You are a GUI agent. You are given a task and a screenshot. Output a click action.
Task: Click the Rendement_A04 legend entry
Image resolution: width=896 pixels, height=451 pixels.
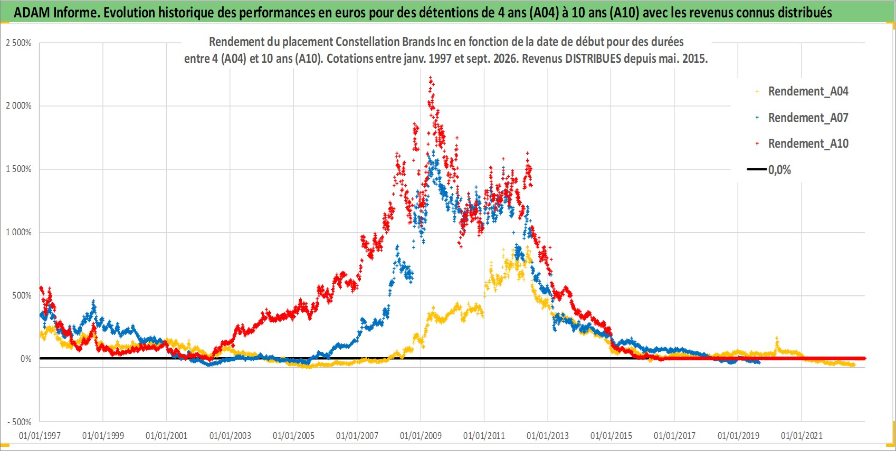[802, 92]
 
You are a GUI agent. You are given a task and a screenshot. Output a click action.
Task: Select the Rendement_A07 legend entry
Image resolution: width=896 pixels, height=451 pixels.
[802, 118]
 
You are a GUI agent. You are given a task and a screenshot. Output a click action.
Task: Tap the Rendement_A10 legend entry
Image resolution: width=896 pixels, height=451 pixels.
[802, 143]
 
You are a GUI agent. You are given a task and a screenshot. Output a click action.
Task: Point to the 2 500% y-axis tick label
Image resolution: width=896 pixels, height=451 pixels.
[18, 43]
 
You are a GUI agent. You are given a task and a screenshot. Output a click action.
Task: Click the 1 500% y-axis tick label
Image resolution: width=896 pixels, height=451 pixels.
[18, 169]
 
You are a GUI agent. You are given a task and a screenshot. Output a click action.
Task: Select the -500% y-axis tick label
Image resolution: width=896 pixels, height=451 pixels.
[20, 422]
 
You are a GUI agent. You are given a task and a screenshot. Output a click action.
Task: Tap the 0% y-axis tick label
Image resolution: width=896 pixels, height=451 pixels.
[26, 359]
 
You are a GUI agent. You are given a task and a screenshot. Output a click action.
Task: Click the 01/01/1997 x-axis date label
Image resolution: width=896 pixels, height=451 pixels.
[40, 435]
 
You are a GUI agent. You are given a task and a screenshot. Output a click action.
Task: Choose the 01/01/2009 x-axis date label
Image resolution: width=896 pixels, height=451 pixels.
[421, 435]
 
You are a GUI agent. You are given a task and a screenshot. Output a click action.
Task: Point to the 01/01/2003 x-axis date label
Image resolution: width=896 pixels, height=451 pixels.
[230, 435]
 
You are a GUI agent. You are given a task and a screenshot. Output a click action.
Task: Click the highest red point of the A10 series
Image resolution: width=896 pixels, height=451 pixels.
[431, 77]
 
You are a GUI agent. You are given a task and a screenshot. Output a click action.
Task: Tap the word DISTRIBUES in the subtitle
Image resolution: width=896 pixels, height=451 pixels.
[593, 59]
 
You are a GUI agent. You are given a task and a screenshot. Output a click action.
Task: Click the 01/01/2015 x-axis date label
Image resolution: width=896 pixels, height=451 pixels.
[611, 435]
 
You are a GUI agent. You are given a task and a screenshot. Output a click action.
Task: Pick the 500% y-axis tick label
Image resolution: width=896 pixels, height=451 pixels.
[22, 295]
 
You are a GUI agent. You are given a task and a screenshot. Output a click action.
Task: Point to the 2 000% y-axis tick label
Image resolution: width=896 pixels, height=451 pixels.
[18, 105]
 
